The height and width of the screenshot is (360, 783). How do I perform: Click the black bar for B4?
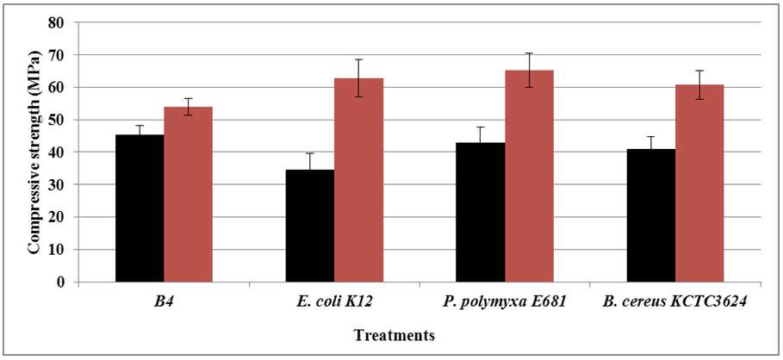140,208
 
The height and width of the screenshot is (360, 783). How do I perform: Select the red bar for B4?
189,195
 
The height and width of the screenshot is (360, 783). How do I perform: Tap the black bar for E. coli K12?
309,226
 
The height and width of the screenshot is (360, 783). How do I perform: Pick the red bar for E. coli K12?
358,180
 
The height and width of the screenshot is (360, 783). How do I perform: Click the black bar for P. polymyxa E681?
480,212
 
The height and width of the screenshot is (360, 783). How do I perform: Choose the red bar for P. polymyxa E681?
529,177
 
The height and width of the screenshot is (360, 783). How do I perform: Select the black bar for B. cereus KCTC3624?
650,215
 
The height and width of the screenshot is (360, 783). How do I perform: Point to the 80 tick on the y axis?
76,22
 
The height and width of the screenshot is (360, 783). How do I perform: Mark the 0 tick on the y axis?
76,282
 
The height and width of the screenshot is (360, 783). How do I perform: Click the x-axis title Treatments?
395,336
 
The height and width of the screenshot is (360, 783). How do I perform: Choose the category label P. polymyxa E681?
505,303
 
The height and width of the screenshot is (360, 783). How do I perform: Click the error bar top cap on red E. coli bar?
358,59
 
